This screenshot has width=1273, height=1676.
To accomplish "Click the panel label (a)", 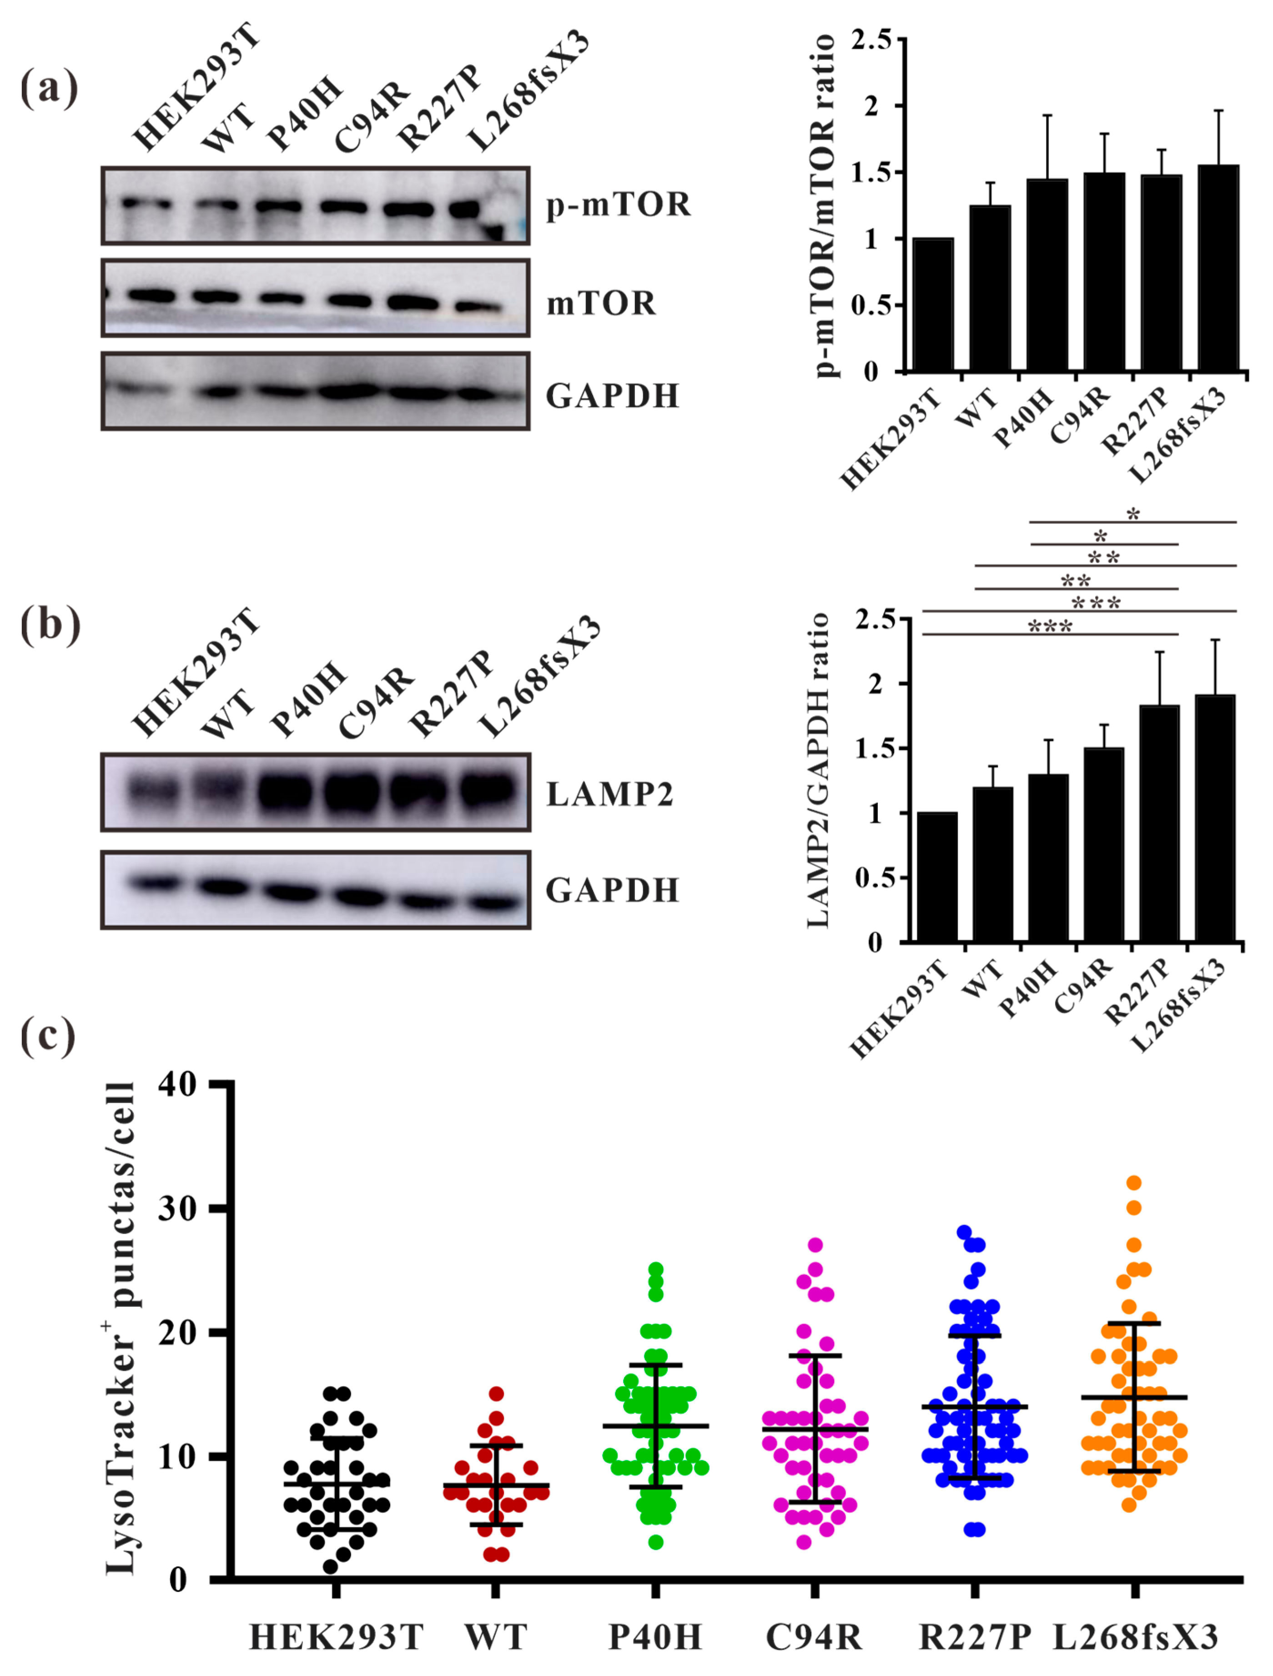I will [x=49, y=89].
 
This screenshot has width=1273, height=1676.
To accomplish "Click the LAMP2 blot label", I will [x=610, y=794].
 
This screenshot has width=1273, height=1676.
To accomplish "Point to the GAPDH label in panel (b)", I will [x=612, y=890].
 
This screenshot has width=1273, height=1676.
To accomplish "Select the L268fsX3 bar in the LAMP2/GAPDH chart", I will [x=1215, y=818].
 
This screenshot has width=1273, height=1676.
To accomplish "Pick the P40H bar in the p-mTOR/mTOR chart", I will [x=1047, y=276].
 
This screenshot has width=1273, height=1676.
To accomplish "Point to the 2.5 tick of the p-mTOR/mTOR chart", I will [x=871, y=40].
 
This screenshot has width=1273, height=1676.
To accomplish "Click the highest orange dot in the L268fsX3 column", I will [x=1133, y=1183].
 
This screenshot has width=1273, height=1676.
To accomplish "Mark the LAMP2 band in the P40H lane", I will [x=285, y=793].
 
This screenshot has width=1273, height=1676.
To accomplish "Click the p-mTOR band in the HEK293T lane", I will [x=146, y=204].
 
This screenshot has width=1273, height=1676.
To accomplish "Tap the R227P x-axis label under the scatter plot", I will [x=975, y=1636].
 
